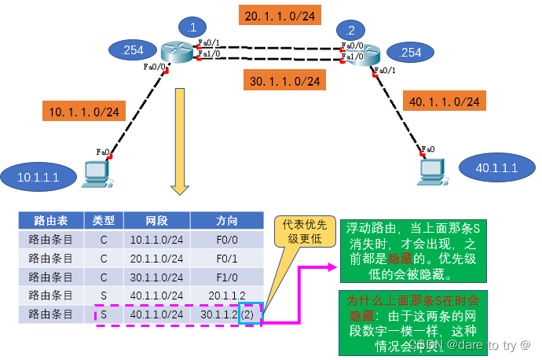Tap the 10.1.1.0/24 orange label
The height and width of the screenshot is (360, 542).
[x=84, y=112]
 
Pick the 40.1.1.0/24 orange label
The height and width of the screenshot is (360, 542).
[x=444, y=101]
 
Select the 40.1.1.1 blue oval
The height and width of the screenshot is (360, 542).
[x=496, y=167]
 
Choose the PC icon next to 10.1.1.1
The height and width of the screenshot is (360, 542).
[x=96, y=173]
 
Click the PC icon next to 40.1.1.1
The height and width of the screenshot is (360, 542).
[x=433, y=168]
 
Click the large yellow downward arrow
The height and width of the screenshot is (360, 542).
[x=180, y=141]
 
